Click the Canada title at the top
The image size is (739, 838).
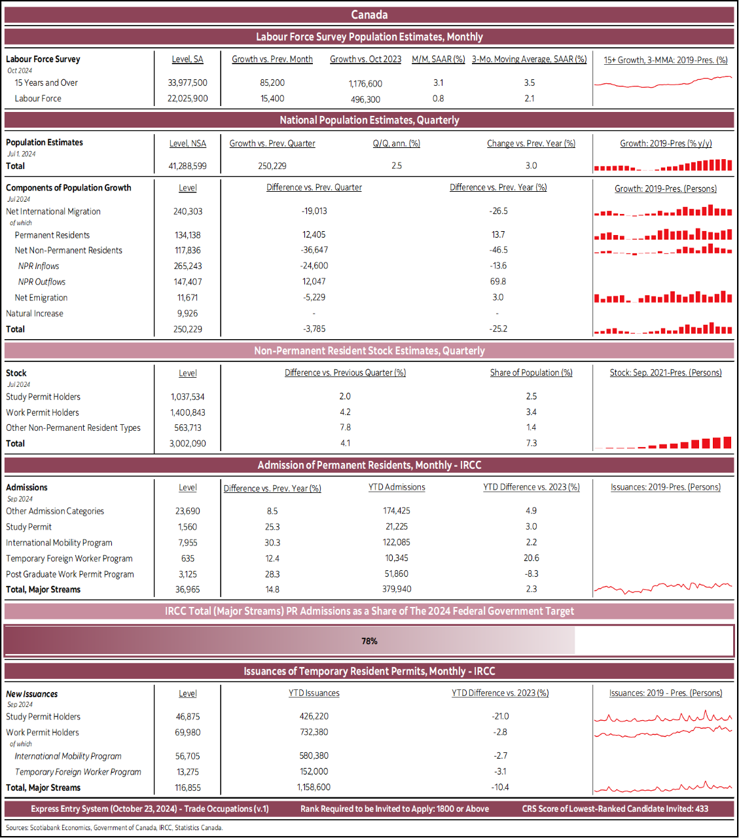(369, 14)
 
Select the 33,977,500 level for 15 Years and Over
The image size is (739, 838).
(187, 83)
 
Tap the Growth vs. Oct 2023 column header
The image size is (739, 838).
(365, 60)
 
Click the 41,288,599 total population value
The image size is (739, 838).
(187, 166)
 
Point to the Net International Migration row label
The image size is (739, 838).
(53, 211)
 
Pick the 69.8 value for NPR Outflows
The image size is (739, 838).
(497, 282)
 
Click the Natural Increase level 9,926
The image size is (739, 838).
(187, 314)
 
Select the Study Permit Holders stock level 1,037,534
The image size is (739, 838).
(187, 397)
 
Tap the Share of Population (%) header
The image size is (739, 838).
(531, 373)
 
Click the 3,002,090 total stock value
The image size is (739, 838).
(187, 444)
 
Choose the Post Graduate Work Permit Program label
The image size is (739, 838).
(70, 574)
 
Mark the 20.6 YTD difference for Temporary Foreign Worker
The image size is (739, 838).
(531, 558)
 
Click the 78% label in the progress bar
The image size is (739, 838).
(369, 641)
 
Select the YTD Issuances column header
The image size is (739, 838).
(314, 693)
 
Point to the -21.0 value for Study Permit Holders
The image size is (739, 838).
(500, 717)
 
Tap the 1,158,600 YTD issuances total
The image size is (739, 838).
(314, 788)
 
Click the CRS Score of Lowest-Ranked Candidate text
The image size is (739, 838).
(615, 809)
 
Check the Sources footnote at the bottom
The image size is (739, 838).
(115, 828)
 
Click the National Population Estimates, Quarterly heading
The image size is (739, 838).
(369, 120)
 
